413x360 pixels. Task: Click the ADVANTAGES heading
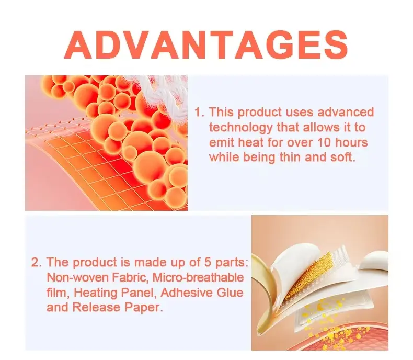coord(206,45)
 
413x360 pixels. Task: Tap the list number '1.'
coord(199,112)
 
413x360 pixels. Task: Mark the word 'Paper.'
coord(143,307)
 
